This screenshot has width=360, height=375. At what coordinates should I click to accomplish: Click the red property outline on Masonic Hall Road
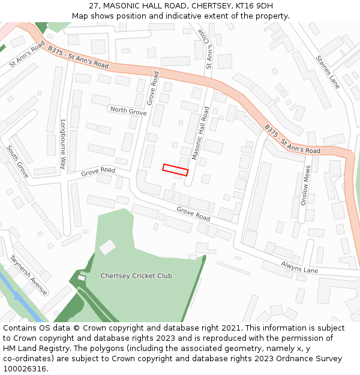(175, 170)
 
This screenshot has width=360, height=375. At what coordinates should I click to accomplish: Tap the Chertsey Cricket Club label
(136, 276)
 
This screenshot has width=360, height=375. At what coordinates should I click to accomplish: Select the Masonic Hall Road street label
(201, 133)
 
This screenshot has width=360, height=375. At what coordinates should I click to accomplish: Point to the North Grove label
(128, 112)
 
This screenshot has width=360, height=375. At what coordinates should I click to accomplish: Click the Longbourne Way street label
(63, 144)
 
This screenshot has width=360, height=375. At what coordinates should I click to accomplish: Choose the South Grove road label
(18, 161)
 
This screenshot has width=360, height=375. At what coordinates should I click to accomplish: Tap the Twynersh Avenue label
(29, 275)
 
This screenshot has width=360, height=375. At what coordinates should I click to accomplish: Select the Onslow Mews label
(305, 186)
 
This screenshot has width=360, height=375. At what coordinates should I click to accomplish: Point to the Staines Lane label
(328, 73)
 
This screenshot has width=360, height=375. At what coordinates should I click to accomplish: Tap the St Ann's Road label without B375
(27, 54)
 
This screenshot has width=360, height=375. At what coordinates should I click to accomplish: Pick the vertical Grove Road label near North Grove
(154, 89)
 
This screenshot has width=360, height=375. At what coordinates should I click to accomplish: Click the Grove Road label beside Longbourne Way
(98, 172)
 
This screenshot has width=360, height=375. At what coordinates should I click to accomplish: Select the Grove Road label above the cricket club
(193, 213)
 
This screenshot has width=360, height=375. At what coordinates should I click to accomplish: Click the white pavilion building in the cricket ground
(107, 247)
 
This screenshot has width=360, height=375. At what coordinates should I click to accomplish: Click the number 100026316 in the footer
(25, 369)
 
